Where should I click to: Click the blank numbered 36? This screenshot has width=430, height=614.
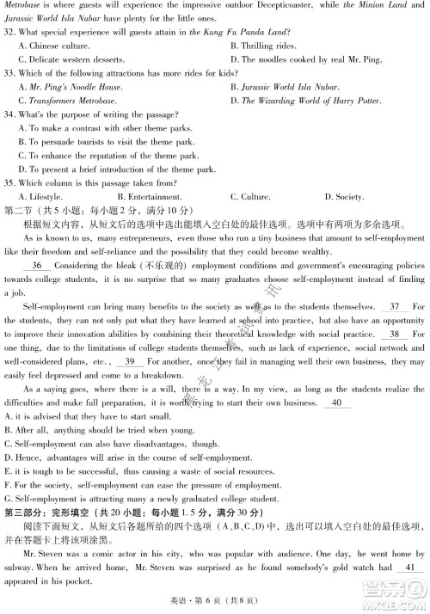tap(37, 266)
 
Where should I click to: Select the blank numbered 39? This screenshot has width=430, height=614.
tap(132, 361)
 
